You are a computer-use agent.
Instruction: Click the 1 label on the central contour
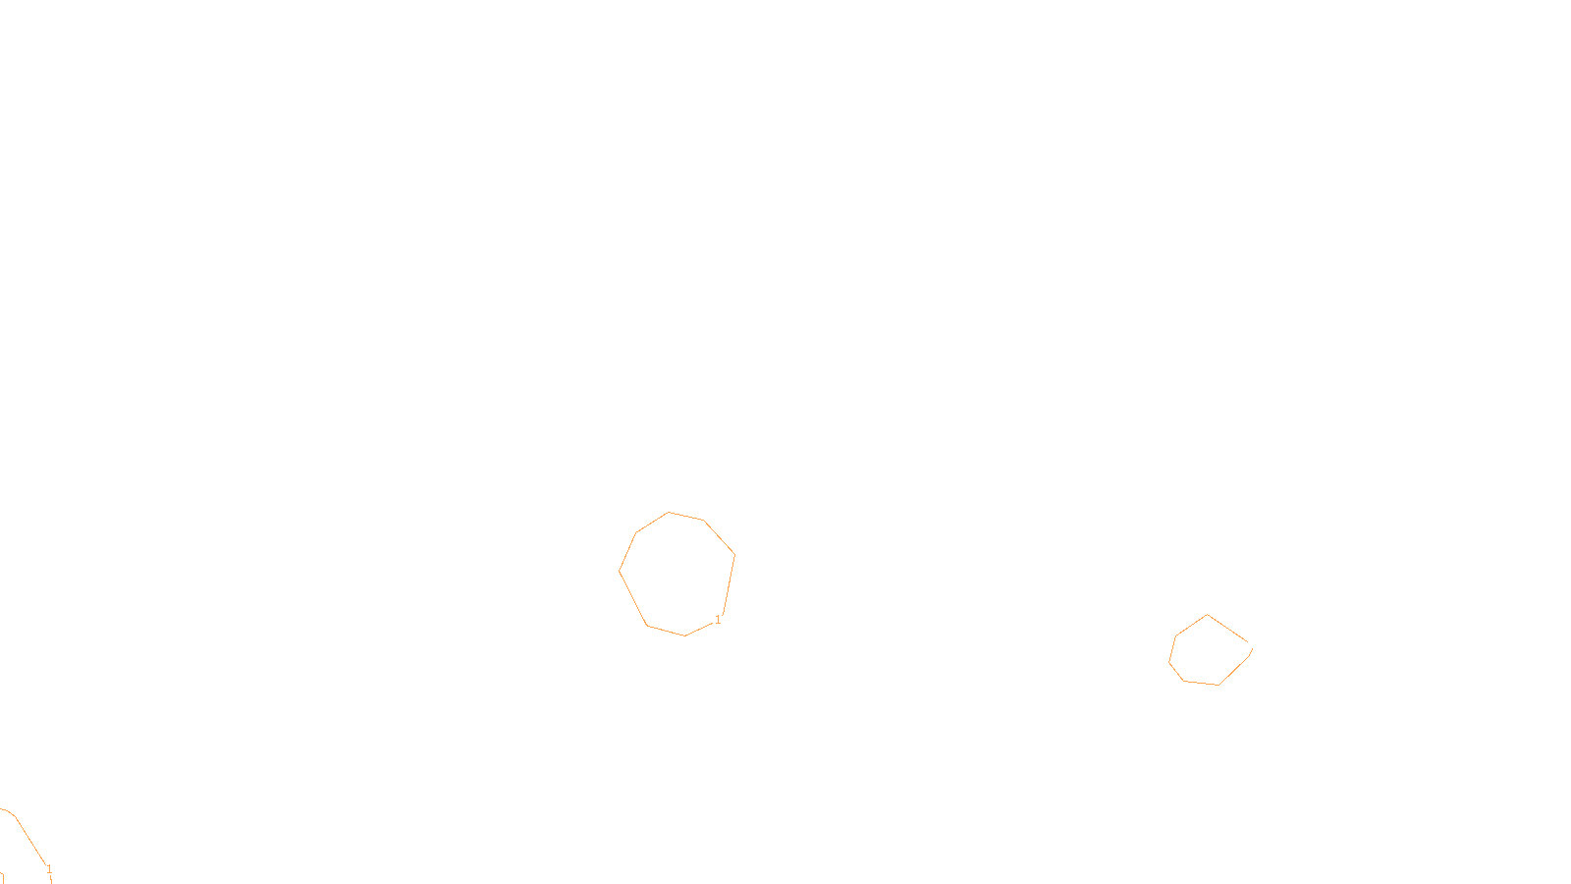coord(718,620)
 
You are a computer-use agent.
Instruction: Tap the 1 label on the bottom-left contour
coord(49,869)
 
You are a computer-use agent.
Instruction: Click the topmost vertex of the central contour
coord(670,512)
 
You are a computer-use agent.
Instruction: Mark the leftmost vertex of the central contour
coord(620,571)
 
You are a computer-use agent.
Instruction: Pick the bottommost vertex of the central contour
coord(684,635)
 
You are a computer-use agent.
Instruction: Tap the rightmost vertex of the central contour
coord(734,555)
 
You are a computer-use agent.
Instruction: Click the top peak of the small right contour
coord(1208,615)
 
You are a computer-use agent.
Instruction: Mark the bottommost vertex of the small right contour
coord(1219,685)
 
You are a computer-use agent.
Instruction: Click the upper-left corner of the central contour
coord(636,533)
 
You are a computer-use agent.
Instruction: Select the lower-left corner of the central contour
coord(647,625)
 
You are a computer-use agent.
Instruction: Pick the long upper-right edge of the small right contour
coord(1227,629)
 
